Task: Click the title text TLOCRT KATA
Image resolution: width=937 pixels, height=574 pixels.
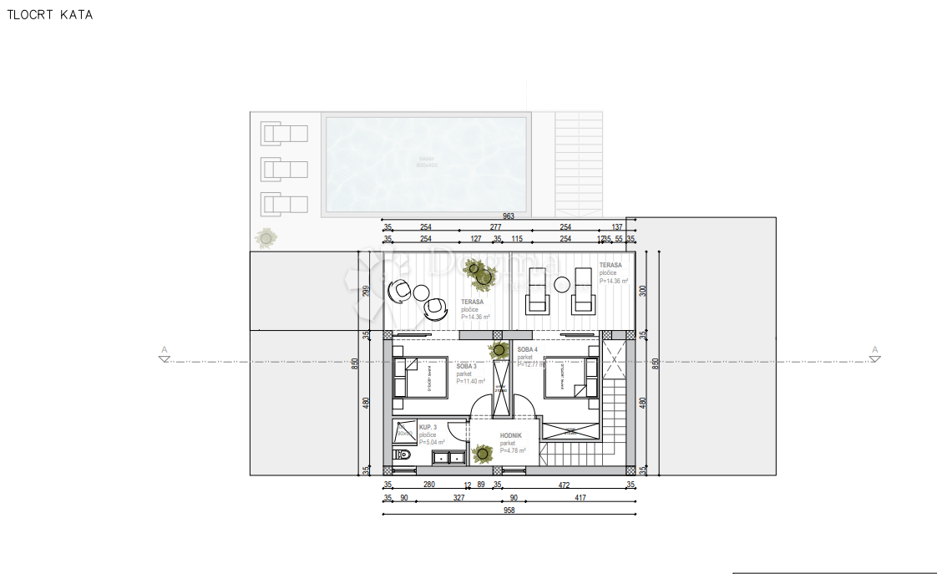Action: (x=50, y=15)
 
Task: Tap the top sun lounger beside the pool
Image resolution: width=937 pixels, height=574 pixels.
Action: (x=285, y=133)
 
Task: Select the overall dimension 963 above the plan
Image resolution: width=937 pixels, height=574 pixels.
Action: (x=508, y=216)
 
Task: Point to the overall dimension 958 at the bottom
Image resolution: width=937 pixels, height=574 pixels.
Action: (x=508, y=510)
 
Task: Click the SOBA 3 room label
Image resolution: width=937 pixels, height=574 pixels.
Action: (x=466, y=366)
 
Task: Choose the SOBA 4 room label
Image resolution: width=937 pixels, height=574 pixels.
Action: (x=526, y=349)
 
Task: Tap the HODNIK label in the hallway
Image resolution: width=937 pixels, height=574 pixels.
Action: (x=512, y=436)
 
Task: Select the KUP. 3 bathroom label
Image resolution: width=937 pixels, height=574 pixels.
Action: (x=428, y=427)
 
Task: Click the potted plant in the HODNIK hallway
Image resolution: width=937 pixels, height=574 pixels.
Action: (x=482, y=455)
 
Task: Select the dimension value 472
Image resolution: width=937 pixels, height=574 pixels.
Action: (x=564, y=485)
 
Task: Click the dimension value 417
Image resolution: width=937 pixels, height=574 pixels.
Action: (x=580, y=498)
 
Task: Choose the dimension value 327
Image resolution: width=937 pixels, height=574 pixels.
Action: (x=458, y=498)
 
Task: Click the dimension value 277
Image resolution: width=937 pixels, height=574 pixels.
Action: (x=495, y=226)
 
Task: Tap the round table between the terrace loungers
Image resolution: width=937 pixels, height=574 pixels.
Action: (x=562, y=284)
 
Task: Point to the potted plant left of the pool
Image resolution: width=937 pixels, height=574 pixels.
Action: (x=266, y=238)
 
